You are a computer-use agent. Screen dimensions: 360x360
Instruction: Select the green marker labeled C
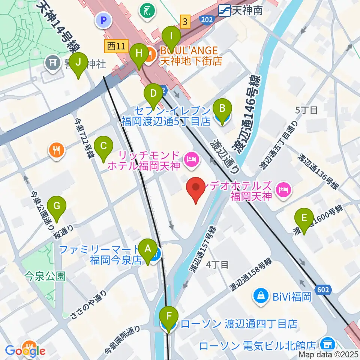point(103,149)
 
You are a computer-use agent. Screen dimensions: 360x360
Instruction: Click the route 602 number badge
point(326,289)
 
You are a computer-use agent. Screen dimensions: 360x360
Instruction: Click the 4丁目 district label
point(217,265)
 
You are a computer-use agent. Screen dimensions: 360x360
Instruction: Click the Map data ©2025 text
point(328,354)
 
